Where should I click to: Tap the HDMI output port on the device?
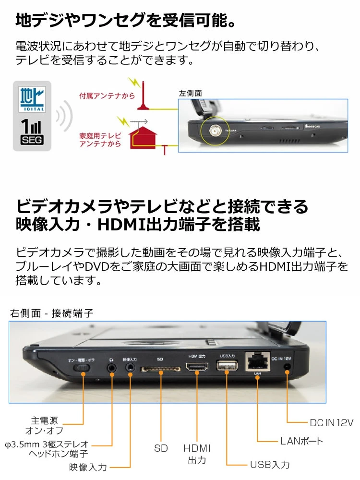point(197,368)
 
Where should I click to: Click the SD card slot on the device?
point(160,369)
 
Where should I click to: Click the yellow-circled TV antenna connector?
point(214,130)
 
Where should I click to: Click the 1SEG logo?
point(32,132)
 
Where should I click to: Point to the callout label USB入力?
point(270,465)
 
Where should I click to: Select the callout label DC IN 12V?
point(331,423)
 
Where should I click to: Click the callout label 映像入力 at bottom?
point(88,467)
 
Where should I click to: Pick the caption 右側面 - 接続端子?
point(51,313)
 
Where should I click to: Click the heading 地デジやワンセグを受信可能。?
point(125,21)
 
